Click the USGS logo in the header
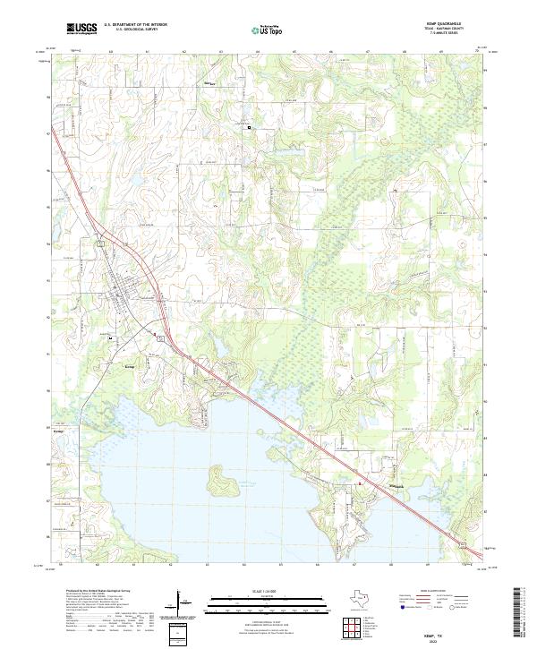pos(81,30)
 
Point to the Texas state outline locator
pos(356,597)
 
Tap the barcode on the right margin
pos(523,613)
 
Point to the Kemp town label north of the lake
pos(129,367)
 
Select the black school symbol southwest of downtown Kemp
pos(109,339)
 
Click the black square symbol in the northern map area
pos(250,127)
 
